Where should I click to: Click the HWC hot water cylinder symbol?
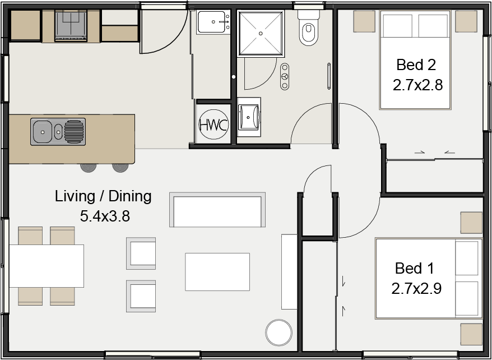pyautogui.click(x=213, y=124)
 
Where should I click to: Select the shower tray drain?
pyautogui.click(x=261, y=33)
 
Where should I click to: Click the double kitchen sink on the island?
pyautogui.click(x=58, y=132)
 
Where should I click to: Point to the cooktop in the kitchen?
pyautogui.click(x=71, y=25)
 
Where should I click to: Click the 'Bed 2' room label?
pyautogui.click(x=416, y=64)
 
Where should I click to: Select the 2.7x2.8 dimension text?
pyautogui.click(x=417, y=85)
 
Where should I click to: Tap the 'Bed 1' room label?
pyautogui.click(x=415, y=267)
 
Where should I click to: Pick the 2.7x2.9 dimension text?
pyautogui.click(x=416, y=288)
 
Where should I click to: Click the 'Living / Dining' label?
pyautogui.click(x=103, y=196)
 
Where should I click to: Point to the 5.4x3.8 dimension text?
pyautogui.click(x=105, y=216)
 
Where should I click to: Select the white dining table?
pyautogui.click(x=47, y=266)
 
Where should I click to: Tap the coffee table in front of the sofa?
pyautogui.click(x=217, y=272)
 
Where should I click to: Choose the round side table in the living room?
pyautogui.click(x=279, y=333)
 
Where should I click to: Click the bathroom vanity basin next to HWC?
pyautogui.click(x=249, y=117)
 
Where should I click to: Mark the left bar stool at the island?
pyautogui.click(x=88, y=167)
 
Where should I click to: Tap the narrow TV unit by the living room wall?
pyautogui.click(x=289, y=271)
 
